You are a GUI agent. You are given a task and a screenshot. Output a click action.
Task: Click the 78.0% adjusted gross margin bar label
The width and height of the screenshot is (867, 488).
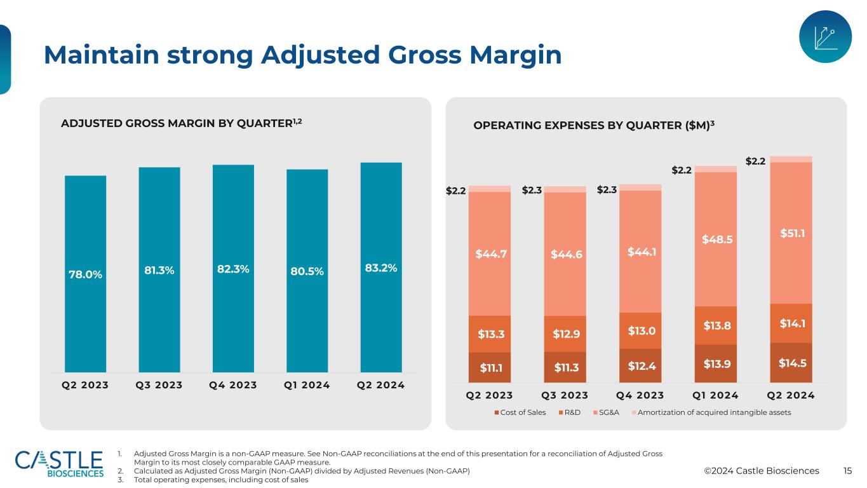[x=86, y=274]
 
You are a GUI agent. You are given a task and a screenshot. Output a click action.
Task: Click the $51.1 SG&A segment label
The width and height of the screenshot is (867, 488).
[x=791, y=233]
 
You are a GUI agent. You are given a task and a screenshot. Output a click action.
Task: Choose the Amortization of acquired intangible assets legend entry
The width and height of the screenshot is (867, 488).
[x=712, y=412]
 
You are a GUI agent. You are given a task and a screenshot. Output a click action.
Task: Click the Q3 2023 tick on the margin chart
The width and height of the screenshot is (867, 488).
[x=159, y=385]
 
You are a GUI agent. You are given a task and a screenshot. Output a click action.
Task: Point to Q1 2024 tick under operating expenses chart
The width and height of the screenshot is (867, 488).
[x=716, y=395]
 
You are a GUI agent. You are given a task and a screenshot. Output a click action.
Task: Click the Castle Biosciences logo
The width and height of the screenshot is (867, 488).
[x=59, y=464]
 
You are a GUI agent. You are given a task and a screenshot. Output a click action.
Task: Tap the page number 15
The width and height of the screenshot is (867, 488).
[x=847, y=471]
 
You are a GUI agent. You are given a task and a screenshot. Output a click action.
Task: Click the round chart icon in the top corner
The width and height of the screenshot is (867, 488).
[x=824, y=37]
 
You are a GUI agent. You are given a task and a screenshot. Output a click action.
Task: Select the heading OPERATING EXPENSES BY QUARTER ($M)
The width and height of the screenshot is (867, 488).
[x=594, y=125]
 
